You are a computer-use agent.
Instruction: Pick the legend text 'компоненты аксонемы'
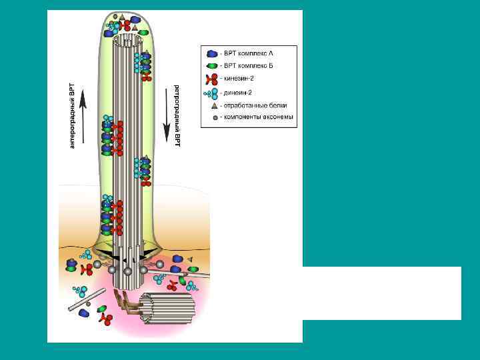click(x=257, y=117)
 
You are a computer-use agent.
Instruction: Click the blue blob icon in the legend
click(x=213, y=53)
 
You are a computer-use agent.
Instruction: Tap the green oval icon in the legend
click(x=213, y=66)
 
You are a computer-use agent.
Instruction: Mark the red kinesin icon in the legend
click(x=213, y=79)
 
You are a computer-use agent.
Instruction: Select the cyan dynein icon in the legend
click(x=212, y=92)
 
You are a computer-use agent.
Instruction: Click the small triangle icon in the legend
click(x=213, y=105)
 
